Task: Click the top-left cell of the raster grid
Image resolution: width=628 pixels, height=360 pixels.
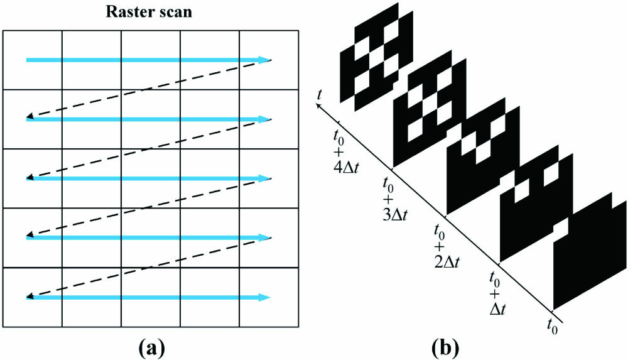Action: (33, 60)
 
